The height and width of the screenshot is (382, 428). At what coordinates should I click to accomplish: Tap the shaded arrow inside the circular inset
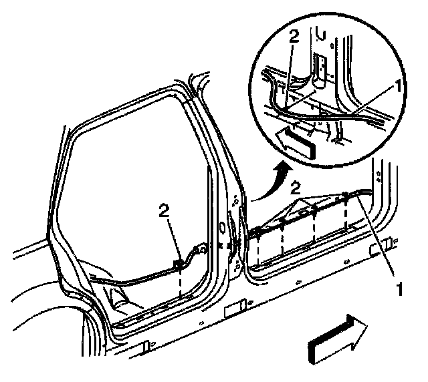point(294,140)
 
